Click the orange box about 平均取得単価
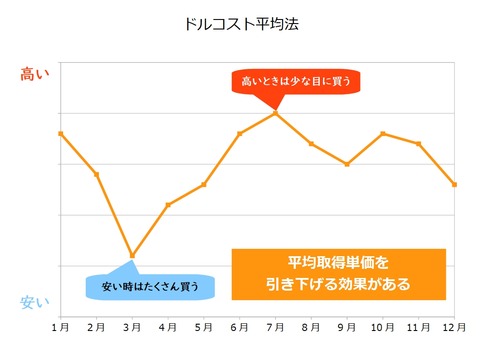click(x=338, y=273)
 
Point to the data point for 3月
click(x=132, y=255)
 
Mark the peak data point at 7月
click(x=275, y=113)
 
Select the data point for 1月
click(x=61, y=133)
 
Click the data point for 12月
click(x=454, y=184)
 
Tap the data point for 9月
click(x=347, y=164)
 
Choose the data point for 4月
click(x=168, y=205)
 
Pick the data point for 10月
click(x=383, y=133)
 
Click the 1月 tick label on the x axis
click(x=60, y=327)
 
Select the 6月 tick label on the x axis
click(x=239, y=327)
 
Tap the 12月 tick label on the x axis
click(x=453, y=327)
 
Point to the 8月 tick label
click(x=311, y=327)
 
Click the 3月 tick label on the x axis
click(x=132, y=327)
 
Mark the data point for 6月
click(x=239, y=133)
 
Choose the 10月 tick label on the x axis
click(x=382, y=327)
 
